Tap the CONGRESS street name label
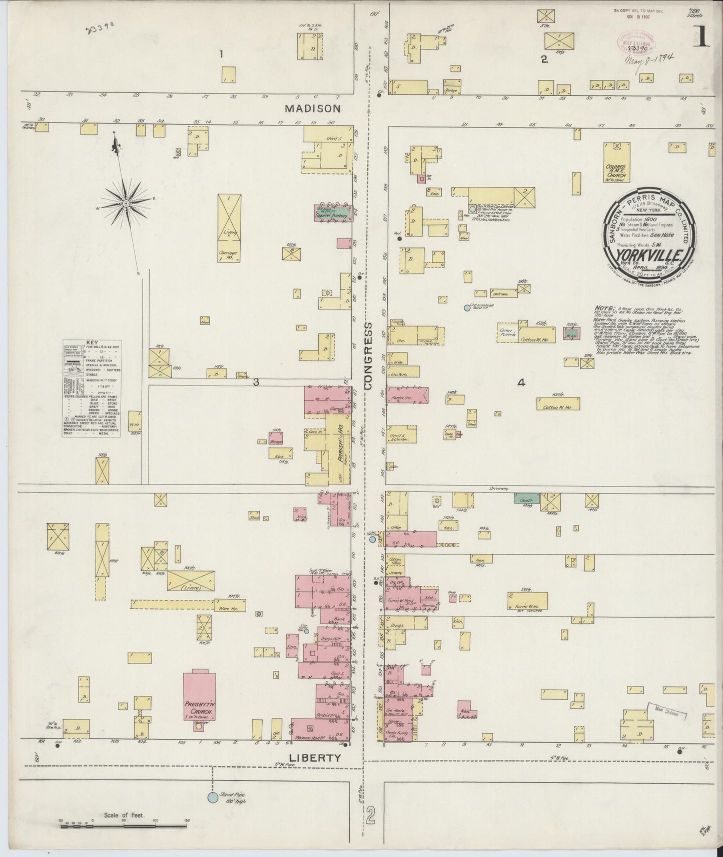pyautogui.click(x=369, y=355)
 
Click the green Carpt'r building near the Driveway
pyautogui.click(x=523, y=498)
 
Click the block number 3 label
pyautogui.click(x=256, y=382)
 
